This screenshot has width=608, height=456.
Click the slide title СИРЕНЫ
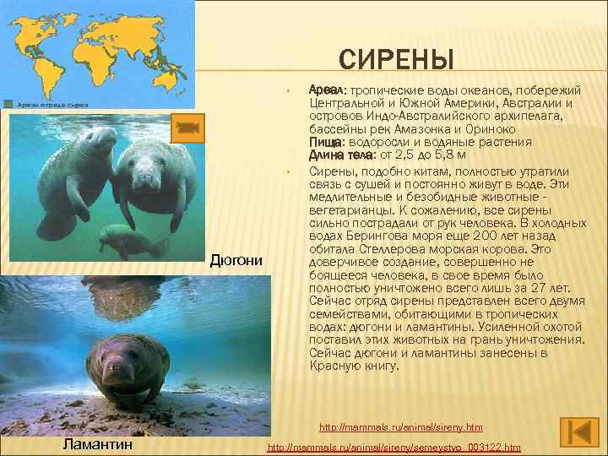[x=396, y=60]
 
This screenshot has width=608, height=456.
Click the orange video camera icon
[x=187, y=127]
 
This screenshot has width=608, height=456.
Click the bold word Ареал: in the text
[x=328, y=89]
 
